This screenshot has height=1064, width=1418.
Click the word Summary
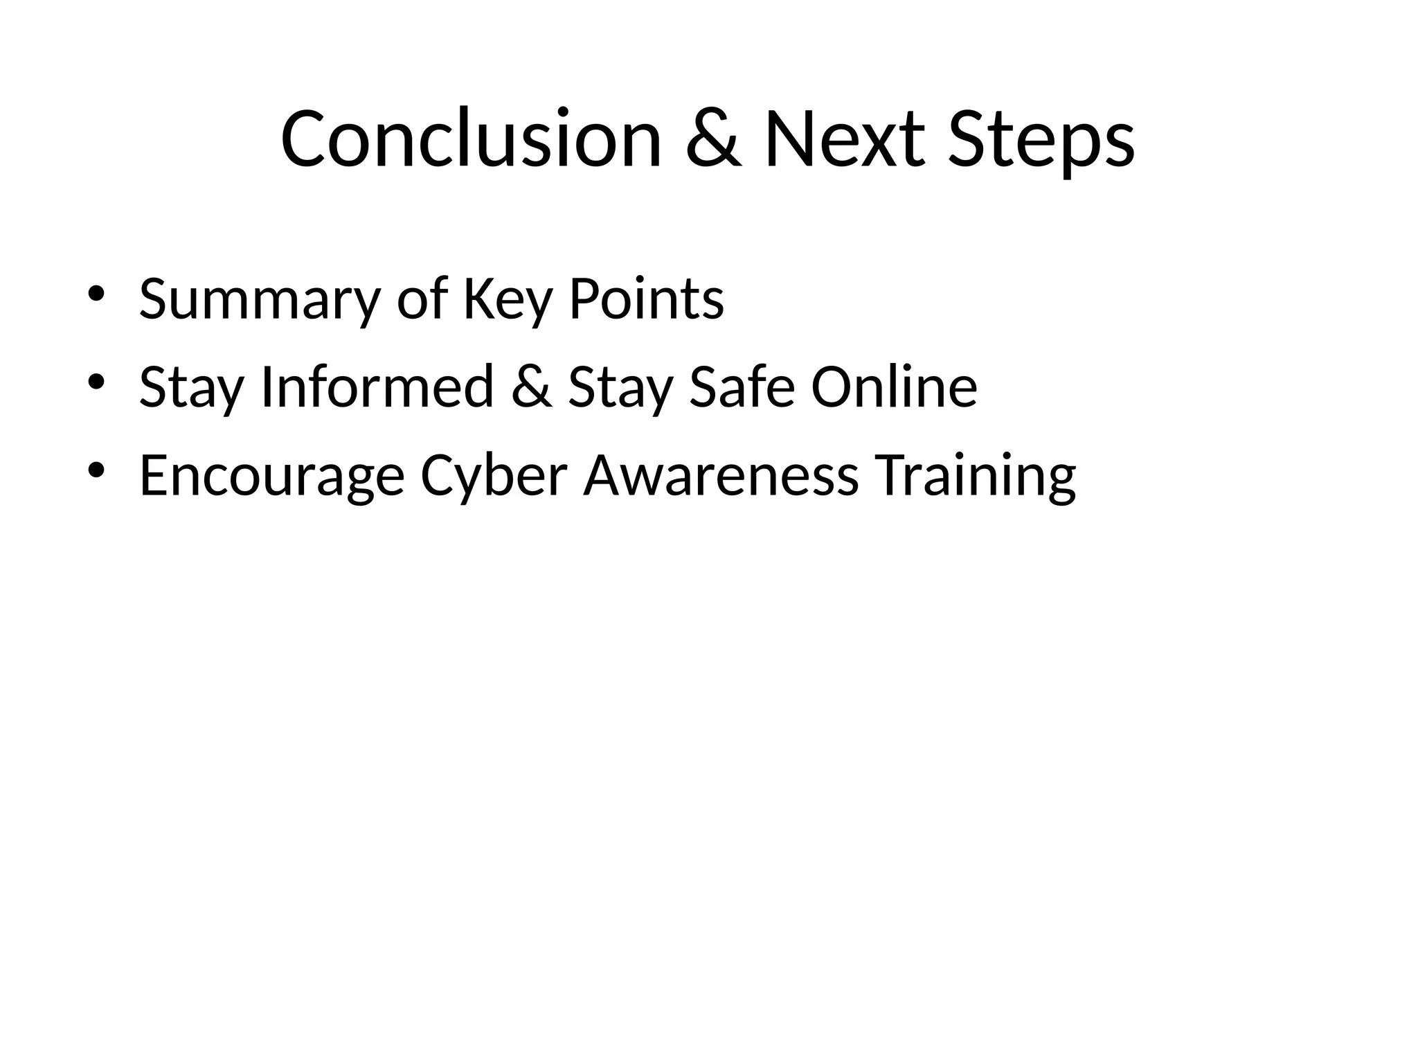coord(260,299)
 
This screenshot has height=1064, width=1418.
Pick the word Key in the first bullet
coord(508,299)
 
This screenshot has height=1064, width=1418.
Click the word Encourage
coord(271,477)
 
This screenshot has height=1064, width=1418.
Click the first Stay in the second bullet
coord(191,388)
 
